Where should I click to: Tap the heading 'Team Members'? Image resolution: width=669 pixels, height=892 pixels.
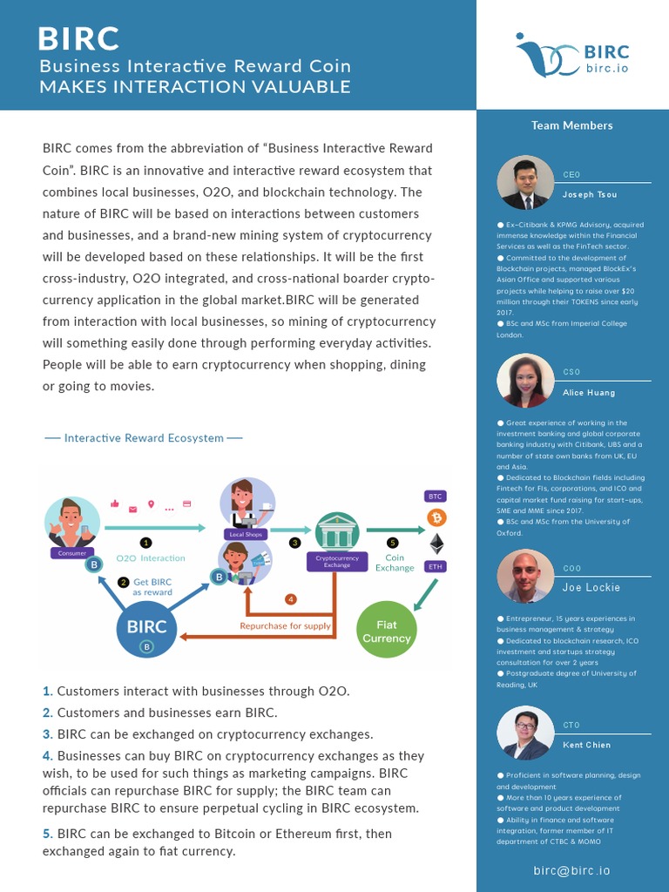click(x=572, y=125)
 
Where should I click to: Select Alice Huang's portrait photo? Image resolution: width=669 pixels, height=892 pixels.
click(x=525, y=381)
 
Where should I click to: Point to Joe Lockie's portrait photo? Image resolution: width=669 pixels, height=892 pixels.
click(x=525, y=577)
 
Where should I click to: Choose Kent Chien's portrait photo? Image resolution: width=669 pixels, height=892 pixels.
click(x=525, y=733)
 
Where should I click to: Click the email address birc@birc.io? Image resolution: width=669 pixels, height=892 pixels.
click(x=572, y=870)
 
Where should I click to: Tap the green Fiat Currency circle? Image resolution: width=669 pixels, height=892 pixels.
click(x=387, y=632)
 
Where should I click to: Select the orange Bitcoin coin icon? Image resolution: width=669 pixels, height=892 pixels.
click(x=436, y=518)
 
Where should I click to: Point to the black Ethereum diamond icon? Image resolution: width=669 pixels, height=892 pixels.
click(x=436, y=544)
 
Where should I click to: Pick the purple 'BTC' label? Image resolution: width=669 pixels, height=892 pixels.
click(x=436, y=497)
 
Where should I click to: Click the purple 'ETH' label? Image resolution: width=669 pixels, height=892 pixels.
click(x=436, y=567)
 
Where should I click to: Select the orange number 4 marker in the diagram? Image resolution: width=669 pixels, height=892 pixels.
click(x=291, y=598)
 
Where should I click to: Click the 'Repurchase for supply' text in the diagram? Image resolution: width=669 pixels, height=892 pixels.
click(x=286, y=625)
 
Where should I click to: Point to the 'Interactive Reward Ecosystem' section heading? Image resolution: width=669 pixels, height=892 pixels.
click(x=144, y=438)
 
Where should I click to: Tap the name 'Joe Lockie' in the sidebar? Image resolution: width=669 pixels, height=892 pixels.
click(x=591, y=587)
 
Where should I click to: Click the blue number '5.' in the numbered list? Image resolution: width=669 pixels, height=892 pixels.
click(x=48, y=834)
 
